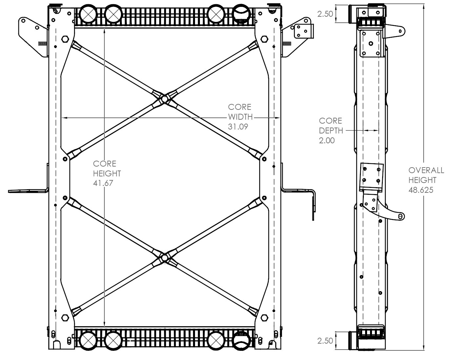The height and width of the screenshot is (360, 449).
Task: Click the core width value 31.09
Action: tap(238, 127)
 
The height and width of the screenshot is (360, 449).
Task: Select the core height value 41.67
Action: tap(103, 183)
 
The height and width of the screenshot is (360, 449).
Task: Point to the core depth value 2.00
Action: tap(326, 141)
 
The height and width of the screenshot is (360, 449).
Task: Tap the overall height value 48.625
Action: tap(421, 190)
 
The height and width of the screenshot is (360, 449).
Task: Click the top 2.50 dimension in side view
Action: tap(325, 14)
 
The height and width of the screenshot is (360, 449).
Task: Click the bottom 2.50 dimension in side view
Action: tap(325, 341)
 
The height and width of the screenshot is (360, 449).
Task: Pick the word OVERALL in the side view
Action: tap(426, 170)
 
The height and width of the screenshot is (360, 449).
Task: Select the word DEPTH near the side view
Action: tap(331, 130)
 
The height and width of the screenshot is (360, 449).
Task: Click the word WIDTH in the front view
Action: tap(240, 117)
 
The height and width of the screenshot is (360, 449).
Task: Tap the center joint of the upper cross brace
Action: tap(165, 98)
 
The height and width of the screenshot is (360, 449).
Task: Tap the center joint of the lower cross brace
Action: tap(165, 258)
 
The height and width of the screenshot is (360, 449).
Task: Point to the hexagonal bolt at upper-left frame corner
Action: tap(65, 40)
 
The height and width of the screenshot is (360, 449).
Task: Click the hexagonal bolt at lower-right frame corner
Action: tap(264, 317)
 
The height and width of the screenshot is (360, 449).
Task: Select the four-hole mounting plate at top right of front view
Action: tap(303, 31)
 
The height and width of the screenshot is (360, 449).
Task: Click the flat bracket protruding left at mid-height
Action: tap(28, 190)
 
